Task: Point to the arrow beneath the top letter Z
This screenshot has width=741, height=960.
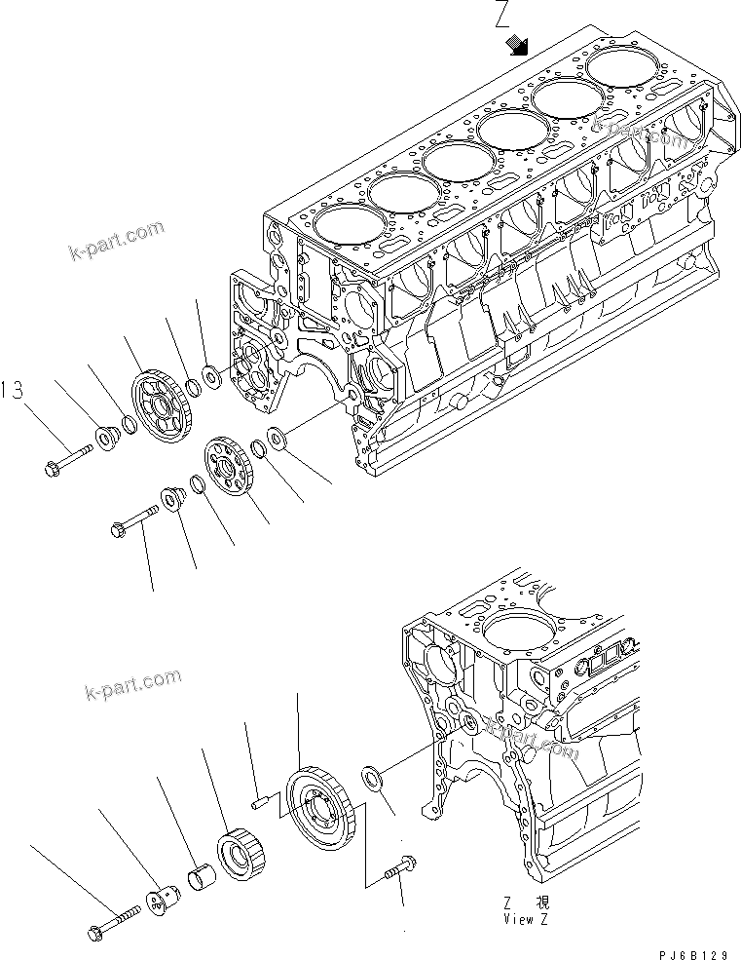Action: coord(517,45)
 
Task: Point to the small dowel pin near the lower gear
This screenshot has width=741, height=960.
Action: coord(260,803)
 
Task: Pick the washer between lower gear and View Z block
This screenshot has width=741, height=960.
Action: coord(372,778)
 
